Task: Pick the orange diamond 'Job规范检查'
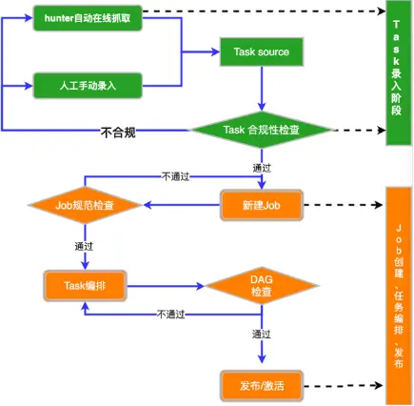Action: tap(85, 204)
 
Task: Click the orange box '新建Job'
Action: tap(261, 204)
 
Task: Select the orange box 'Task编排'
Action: tap(85, 285)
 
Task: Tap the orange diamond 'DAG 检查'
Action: tap(261, 285)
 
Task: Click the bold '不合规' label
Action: tap(118, 132)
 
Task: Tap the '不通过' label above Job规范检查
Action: tap(175, 176)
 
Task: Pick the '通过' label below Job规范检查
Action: tap(84, 245)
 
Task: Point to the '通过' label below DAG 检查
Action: tap(262, 335)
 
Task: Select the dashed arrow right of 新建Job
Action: tap(342, 204)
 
